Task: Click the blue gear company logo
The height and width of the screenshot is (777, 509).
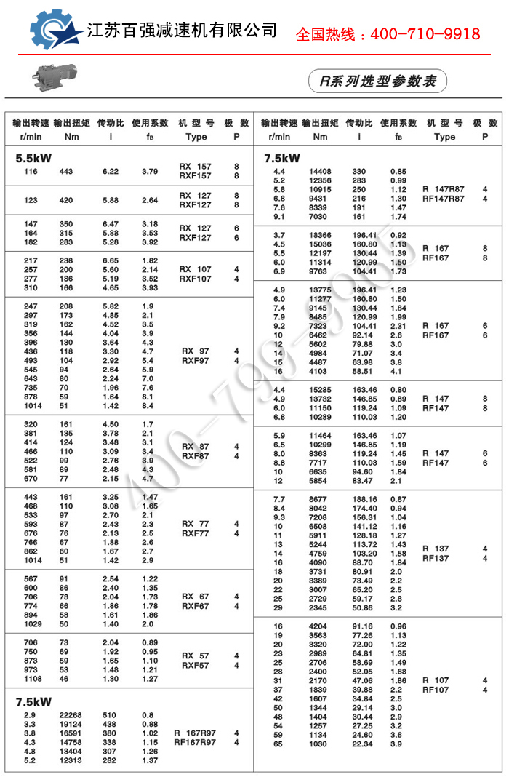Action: (55, 33)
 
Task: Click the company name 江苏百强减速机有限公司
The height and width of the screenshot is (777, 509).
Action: (182, 31)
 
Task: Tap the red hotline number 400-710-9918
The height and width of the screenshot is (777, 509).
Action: (388, 34)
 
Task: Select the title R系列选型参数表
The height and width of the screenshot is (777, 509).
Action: (377, 81)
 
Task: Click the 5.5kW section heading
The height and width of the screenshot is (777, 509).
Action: (34, 157)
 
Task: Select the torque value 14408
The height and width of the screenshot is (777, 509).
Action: (320, 171)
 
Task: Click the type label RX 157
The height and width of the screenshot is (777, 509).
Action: (195, 167)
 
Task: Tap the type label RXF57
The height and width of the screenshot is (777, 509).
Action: (195, 665)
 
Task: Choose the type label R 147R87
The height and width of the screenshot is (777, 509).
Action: (443, 189)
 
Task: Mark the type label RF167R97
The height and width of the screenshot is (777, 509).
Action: (194, 742)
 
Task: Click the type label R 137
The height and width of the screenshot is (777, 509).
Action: (436, 549)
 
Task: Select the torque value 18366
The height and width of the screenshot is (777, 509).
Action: (320, 235)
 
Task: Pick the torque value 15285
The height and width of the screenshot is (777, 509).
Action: (320, 390)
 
